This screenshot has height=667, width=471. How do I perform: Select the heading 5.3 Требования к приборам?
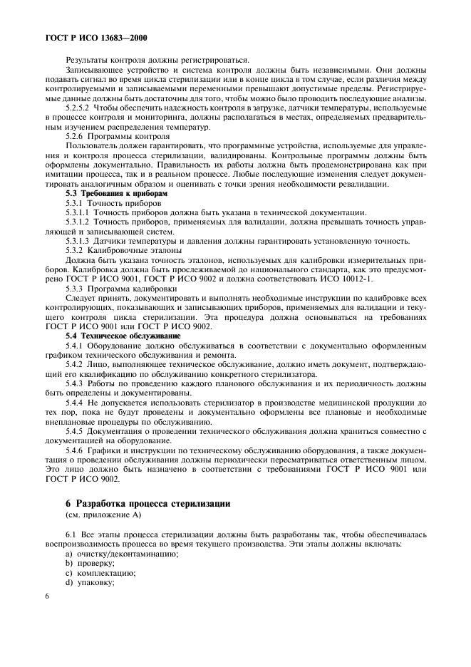coord(116,194)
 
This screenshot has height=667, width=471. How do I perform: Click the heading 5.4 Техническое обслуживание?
coord(123,335)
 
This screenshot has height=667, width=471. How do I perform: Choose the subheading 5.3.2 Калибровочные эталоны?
coord(123,250)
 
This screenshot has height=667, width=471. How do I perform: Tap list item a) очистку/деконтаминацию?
coord(117,554)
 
